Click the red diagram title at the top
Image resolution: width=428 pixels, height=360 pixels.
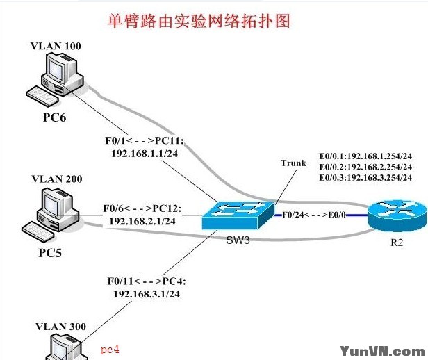pyautogui.click(x=197, y=21)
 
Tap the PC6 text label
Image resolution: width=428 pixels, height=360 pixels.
pyautogui.click(x=55, y=117)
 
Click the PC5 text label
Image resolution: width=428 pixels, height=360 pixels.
pyautogui.click(x=50, y=252)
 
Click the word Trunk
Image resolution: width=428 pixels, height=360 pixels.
pyautogui.click(x=293, y=163)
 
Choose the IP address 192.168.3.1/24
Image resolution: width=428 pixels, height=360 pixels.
pyautogui.click(x=146, y=294)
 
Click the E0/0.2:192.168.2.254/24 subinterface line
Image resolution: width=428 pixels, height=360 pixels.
pyautogui.click(x=365, y=167)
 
